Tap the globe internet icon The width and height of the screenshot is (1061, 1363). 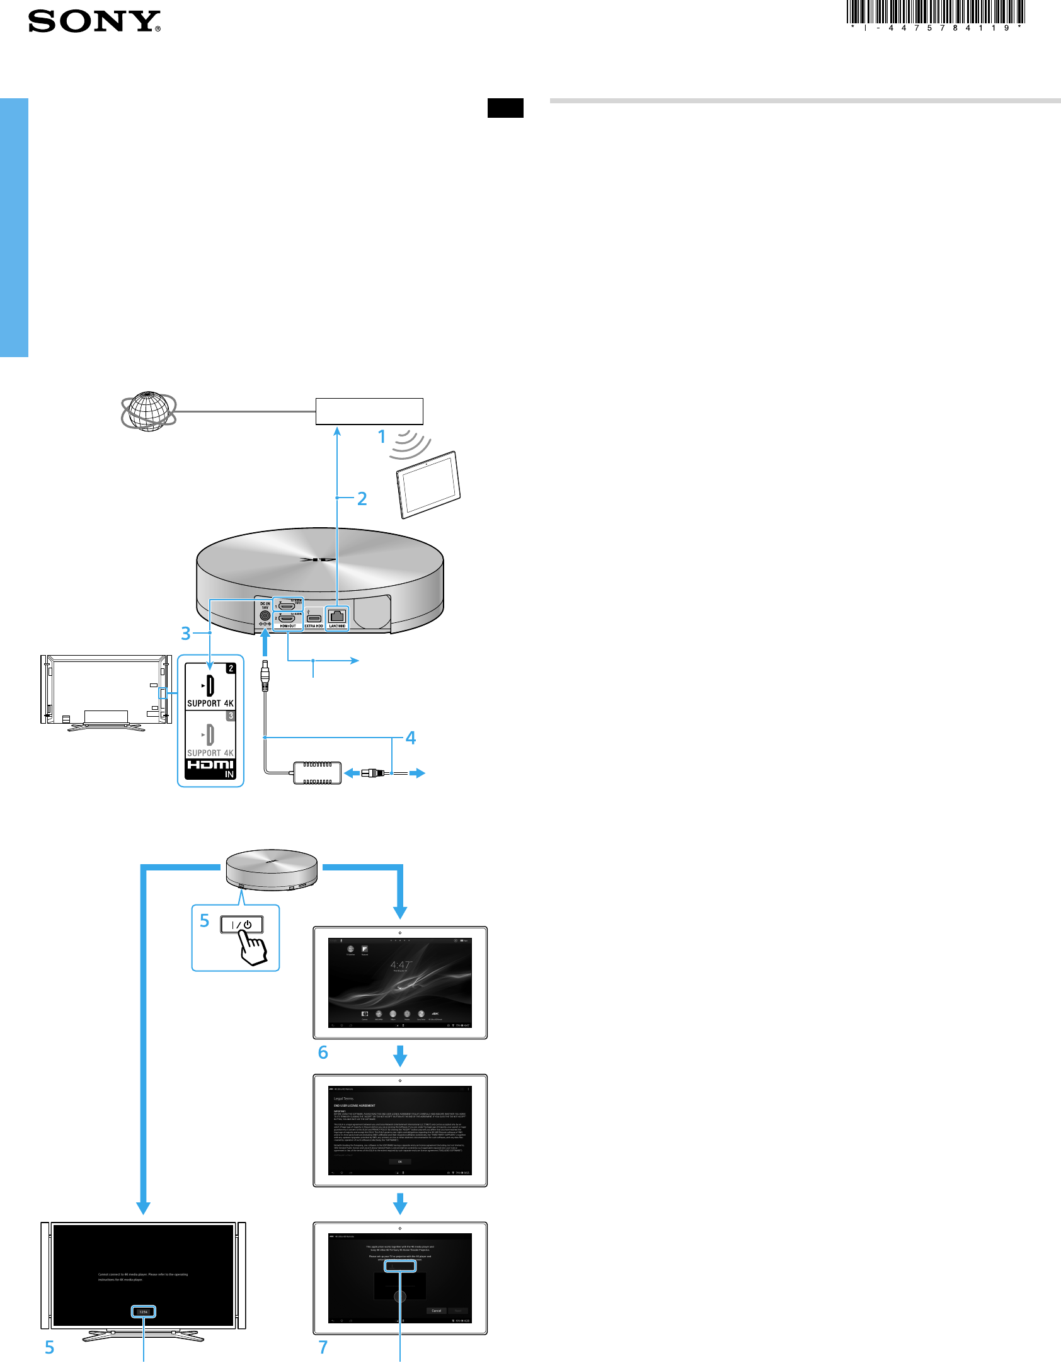click(x=149, y=411)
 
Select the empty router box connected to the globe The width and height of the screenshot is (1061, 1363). click(x=369, y=411)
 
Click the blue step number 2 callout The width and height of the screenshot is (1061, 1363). click(x=362, y=498)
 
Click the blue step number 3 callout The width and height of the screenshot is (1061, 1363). click(x=186, y=633)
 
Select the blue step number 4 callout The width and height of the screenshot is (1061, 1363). click(x=411, y=738)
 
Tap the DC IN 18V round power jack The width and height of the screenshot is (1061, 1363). click(x=265, y=615)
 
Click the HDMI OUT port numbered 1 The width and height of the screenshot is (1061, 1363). click(x=287, y=607)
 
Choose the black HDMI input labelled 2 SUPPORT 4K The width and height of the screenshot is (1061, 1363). click(x=210, y=687)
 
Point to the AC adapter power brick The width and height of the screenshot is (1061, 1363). click(x=317, y=772)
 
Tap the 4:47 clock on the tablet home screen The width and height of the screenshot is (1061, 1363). click(x=400, y=965)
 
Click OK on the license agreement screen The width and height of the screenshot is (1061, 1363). click(x=400, y=1161)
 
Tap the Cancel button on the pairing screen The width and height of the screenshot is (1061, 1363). click(x=437, y=1311)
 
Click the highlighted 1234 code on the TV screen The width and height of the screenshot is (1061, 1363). click(x=144, y=1312)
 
